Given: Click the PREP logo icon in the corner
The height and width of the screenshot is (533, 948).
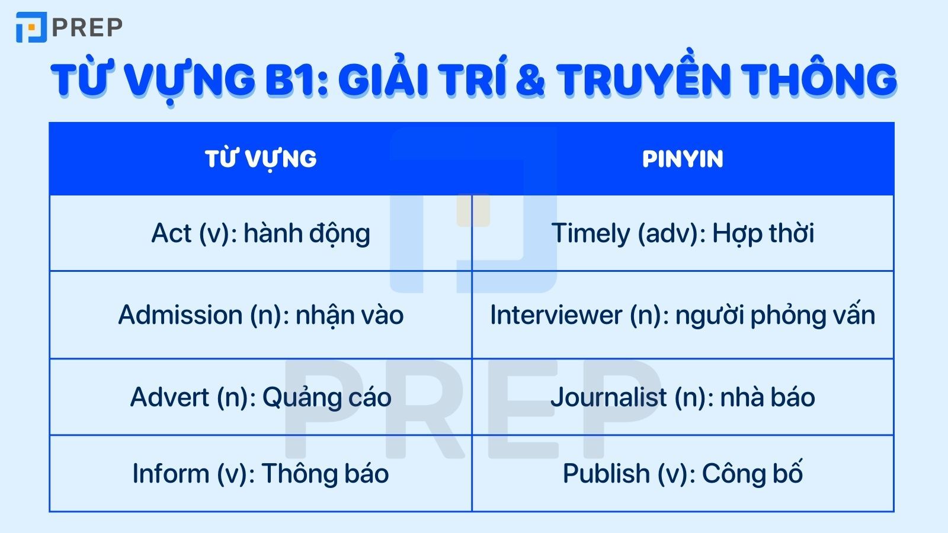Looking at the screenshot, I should pyautogui.click(x=31, y=27).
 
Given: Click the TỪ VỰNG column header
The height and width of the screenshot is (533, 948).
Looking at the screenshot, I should pyautogui.click(x=261, y=159).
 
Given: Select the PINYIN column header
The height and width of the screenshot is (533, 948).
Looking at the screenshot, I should pyautogui.click(x=683, y=159).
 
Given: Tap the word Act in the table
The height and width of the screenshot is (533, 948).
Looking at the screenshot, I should pyautogui.click(x=172, y=233).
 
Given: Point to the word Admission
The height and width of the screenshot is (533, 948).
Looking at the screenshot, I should pyautogui.click(x=180, y=315).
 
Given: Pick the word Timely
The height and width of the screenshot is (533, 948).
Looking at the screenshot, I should pyautogui.click(x=590, y=233).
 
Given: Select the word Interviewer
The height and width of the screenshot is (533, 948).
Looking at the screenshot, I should pyautogui.click(x=556, y=315).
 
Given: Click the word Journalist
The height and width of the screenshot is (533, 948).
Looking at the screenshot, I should pyautogui.click(x=608, y=397).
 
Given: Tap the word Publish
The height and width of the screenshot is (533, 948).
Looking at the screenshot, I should pyautogui.click(x=606, y=474).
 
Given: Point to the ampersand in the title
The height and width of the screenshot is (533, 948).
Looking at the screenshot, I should pyautogui.click(x=530, y=81).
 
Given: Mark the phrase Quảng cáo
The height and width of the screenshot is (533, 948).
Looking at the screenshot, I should pyautogui.click(x=326, y=397).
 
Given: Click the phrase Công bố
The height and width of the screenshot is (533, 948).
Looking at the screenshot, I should pyautogui.click(x=752, y=474).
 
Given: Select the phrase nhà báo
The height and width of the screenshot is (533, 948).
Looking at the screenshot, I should pyautogui.click(x=767, y=397).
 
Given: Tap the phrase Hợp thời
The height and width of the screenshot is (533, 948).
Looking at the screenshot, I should pyautogui.click(x=763, y=233).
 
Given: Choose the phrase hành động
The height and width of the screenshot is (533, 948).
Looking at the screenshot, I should pyautogui.click(x=307, y=233).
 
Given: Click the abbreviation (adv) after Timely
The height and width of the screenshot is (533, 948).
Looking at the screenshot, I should pyautogui.click(x=668, y=233).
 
